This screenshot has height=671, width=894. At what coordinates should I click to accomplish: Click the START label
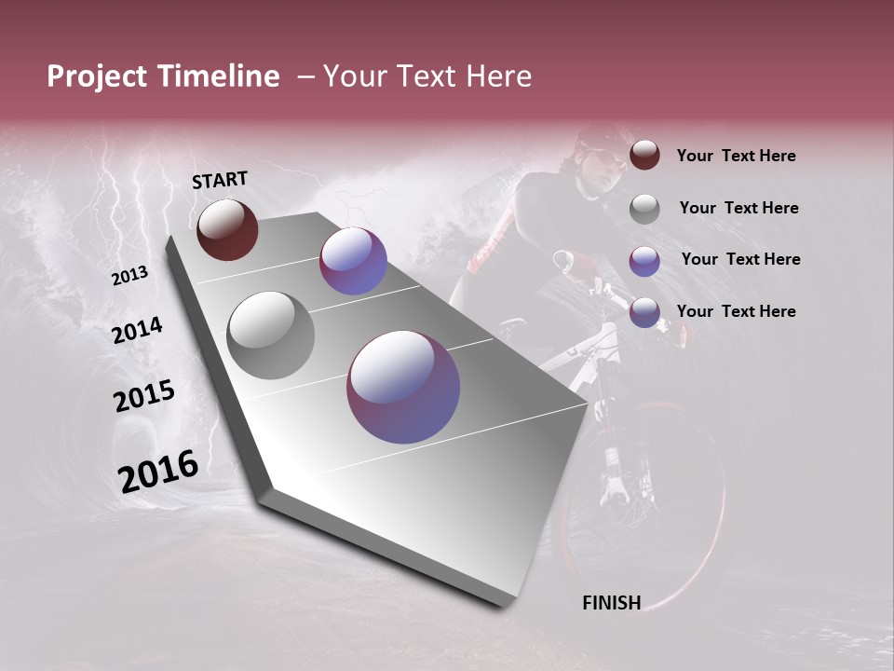220,180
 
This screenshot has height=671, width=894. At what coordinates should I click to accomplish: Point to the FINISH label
611,603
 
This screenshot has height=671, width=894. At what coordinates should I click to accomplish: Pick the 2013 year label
129,276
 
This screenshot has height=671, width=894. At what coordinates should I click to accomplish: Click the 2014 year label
137,330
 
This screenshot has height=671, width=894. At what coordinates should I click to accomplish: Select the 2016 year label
157,472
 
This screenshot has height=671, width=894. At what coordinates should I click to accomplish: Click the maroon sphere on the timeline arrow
227,229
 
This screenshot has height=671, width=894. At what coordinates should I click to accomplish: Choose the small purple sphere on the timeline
353,261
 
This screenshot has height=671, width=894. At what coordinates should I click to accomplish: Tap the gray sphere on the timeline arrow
270,335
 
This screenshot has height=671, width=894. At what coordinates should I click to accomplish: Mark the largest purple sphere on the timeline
403,387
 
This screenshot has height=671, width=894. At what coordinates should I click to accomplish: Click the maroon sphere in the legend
644,155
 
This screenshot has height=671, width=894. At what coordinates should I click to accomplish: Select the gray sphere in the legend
644,208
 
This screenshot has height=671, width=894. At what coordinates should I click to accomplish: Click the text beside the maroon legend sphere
736,157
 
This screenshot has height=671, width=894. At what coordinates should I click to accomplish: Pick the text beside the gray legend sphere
738,208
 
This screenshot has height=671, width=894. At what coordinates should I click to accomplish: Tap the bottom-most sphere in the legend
644,312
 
